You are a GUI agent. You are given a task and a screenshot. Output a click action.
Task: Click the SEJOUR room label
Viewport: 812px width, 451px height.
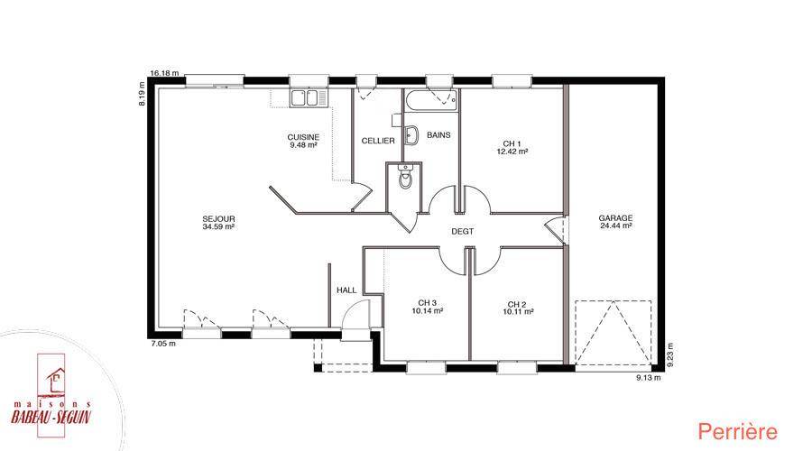click(218, 218)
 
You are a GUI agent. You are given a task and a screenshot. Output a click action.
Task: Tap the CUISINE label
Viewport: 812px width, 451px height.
click(303, 137)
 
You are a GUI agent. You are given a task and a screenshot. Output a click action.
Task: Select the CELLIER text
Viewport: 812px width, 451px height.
click(378, 141)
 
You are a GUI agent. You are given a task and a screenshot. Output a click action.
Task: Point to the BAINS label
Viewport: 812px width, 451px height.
click(438, 134)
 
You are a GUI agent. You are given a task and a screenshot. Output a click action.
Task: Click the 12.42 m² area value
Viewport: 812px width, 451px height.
click(512, 152)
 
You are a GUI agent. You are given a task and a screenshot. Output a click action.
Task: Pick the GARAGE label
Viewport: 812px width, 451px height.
click(615, 218)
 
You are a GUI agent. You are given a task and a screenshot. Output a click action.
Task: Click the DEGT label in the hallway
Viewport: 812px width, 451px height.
click(463, 232)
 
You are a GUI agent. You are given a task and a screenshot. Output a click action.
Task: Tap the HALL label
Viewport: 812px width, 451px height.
click(346, 290)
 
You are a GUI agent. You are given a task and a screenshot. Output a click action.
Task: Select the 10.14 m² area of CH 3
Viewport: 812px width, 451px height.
click(428, 311)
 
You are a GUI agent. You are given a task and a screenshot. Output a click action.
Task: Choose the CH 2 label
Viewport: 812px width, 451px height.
click(517, 304)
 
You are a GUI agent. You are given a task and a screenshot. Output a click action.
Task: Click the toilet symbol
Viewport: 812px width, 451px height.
click(405, 178)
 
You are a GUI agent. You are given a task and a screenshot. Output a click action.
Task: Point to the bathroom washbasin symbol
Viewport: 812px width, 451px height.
click(411, 135)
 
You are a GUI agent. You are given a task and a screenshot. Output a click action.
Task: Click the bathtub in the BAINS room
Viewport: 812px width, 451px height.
click(431, 101)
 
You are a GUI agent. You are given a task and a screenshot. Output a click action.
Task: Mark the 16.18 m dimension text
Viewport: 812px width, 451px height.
click(164, 73)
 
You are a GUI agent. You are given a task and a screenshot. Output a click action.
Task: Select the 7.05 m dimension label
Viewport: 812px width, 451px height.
click(162, 344)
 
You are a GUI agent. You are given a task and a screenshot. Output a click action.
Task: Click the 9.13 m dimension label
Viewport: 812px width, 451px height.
click(649, 377)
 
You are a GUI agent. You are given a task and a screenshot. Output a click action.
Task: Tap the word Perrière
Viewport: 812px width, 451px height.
click(737, 431)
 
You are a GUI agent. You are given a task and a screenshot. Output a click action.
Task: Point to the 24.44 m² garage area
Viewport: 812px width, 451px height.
click(615, 225)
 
